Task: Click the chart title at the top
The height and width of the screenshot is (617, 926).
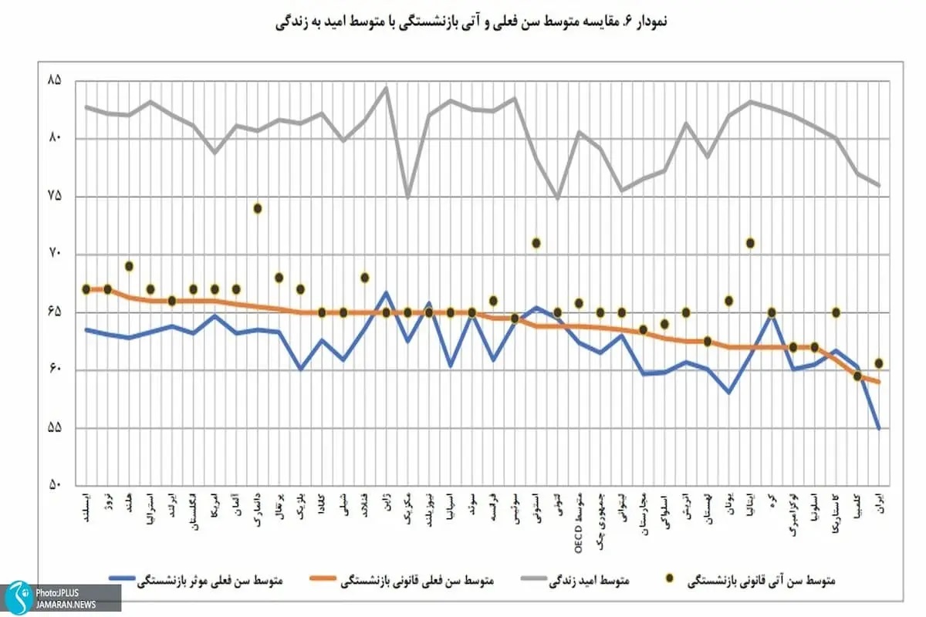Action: coord(471,22)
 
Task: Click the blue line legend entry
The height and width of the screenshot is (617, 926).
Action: coord(196,579)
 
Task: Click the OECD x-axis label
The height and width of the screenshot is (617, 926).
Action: coord(579,514)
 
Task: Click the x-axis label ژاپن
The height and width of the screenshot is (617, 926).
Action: coord(386,504)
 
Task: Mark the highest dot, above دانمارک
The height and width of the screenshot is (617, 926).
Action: coord(258,208)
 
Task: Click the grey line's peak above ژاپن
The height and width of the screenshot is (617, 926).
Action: coord(386,87)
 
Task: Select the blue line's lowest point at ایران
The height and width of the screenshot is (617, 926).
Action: coord(879,428)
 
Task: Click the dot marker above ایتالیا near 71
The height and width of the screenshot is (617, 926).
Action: coord(749,243)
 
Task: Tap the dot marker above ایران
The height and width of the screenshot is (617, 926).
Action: coord(879,363)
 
